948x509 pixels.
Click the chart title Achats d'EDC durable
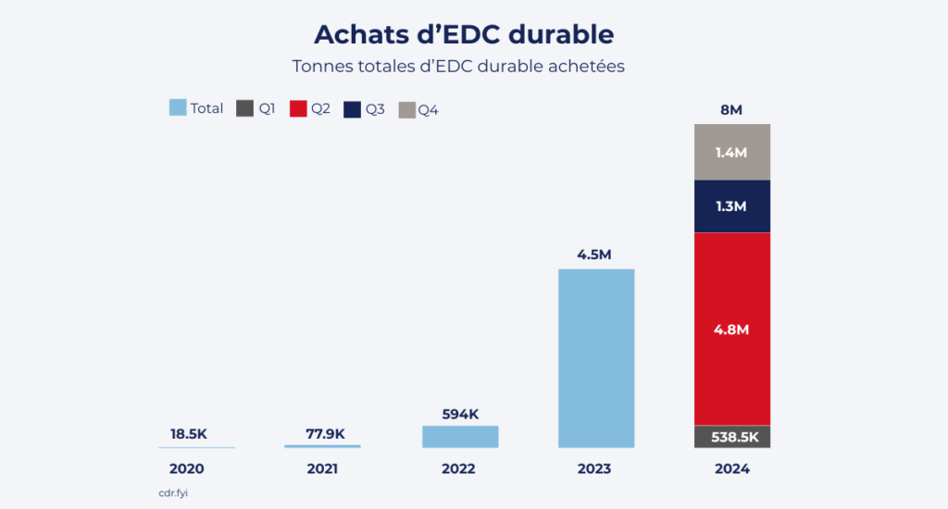click(464, 34)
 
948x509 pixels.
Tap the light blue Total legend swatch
click(178, 108)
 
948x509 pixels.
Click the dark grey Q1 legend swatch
click(244, 108)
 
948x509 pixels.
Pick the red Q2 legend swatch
click(298, 108)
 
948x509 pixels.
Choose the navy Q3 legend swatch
click(352, 108)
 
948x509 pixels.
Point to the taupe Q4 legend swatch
click(406, 109)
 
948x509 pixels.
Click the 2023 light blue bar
click(596, 358)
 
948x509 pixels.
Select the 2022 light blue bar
click(460, 437)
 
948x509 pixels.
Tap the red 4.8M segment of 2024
click(732, 329)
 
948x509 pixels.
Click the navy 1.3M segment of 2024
click(732, 206)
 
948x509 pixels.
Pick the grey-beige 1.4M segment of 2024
click(732, 152)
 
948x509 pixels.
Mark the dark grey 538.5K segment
click(732, 437)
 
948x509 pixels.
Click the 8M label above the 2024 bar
click(731, 110)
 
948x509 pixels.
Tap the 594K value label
click(459, 414)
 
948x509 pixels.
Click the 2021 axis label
click(322, 469)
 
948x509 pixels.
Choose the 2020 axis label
click(186, 469)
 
